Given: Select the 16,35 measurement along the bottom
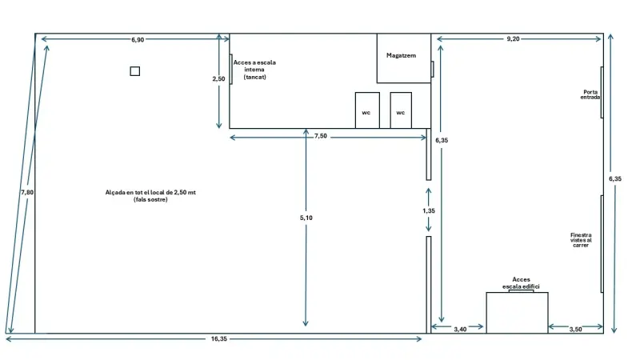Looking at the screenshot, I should coord(219,340).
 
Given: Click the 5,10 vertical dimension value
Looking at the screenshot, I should coord(306,218).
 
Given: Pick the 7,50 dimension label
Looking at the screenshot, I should coord(320,137).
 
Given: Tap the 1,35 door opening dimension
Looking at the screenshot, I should coord(430,211).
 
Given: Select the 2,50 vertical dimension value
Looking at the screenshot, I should coord(218,80).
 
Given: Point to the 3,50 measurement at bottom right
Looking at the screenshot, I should coord(575,329).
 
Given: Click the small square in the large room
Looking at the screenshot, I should coord(135,71).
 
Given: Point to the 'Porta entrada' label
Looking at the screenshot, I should coord(590,94).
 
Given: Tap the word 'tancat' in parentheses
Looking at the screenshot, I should coord(254,78).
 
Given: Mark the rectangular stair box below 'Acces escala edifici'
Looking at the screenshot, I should coord(517,313).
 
